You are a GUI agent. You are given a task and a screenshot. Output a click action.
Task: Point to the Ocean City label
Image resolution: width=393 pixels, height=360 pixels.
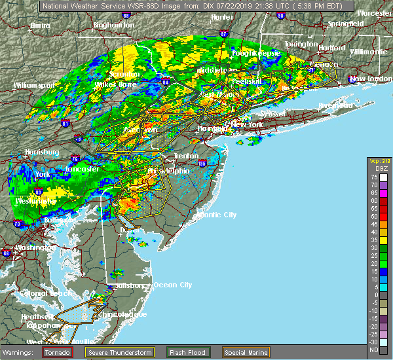tap(172, 285)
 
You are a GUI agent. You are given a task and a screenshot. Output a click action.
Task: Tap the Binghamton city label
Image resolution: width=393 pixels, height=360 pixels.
tap(113, 25)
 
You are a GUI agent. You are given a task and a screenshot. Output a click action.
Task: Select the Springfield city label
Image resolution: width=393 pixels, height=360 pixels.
tap(346, 24)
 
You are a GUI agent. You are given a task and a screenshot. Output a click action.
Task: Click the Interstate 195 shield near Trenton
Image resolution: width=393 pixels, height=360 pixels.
tap(202, 163)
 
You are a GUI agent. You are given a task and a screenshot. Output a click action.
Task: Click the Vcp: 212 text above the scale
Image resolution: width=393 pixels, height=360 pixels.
tap(378, 162)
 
